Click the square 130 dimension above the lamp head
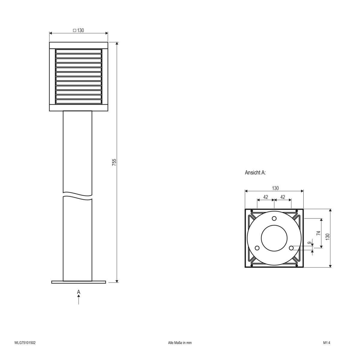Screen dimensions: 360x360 [x=78, y=30]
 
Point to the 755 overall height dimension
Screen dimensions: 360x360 [x=114, y=162]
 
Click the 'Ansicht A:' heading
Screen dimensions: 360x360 [x=255, y=173]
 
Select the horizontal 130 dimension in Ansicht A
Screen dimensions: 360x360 [x=275, y=188]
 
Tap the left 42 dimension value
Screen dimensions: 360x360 [x=265, y=197]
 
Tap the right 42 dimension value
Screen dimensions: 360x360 [x=282, y=197]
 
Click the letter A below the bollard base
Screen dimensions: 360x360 [x=78, y=292]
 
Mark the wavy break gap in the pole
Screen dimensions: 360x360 [x=78, y=194]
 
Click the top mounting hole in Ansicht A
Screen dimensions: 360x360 [x=274, y=218]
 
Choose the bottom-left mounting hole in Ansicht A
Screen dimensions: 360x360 [x=257, y=248]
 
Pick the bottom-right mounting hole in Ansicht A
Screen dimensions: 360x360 [x=291, y=248]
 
